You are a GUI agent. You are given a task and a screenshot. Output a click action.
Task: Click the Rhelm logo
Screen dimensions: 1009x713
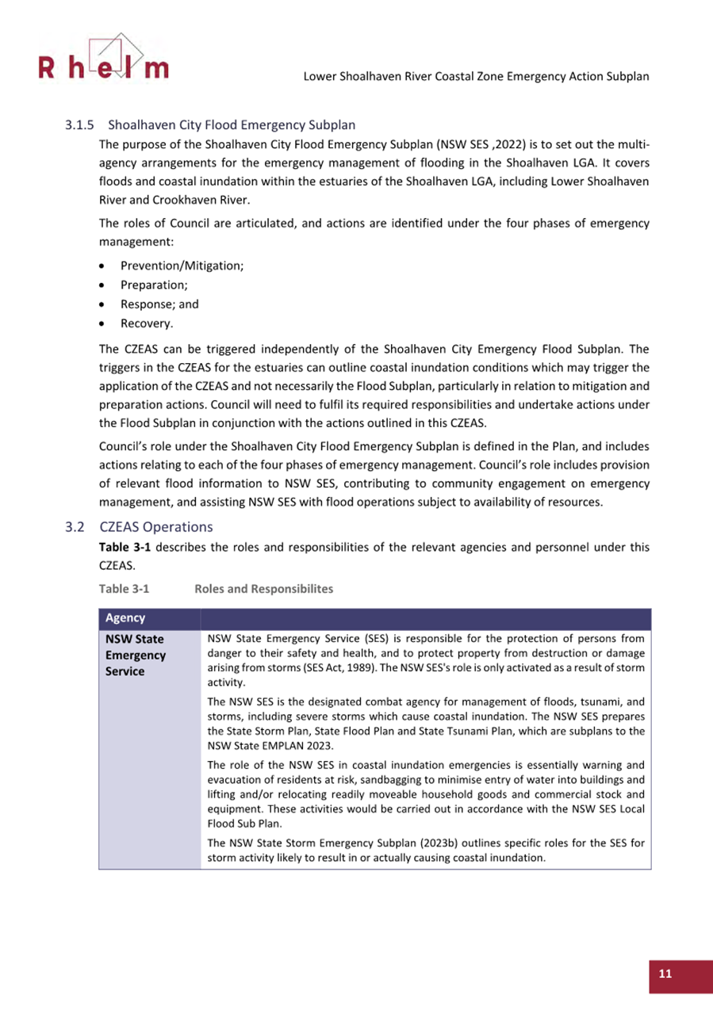point(102,59)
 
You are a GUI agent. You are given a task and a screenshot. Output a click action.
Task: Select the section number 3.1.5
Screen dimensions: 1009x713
point(80,125)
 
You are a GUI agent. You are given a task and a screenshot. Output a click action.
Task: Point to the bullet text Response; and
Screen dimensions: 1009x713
point(159,304)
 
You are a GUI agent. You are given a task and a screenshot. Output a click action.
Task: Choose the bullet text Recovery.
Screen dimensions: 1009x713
point(148,323)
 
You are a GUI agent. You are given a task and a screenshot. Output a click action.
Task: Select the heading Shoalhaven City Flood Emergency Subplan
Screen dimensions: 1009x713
point(232,125)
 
